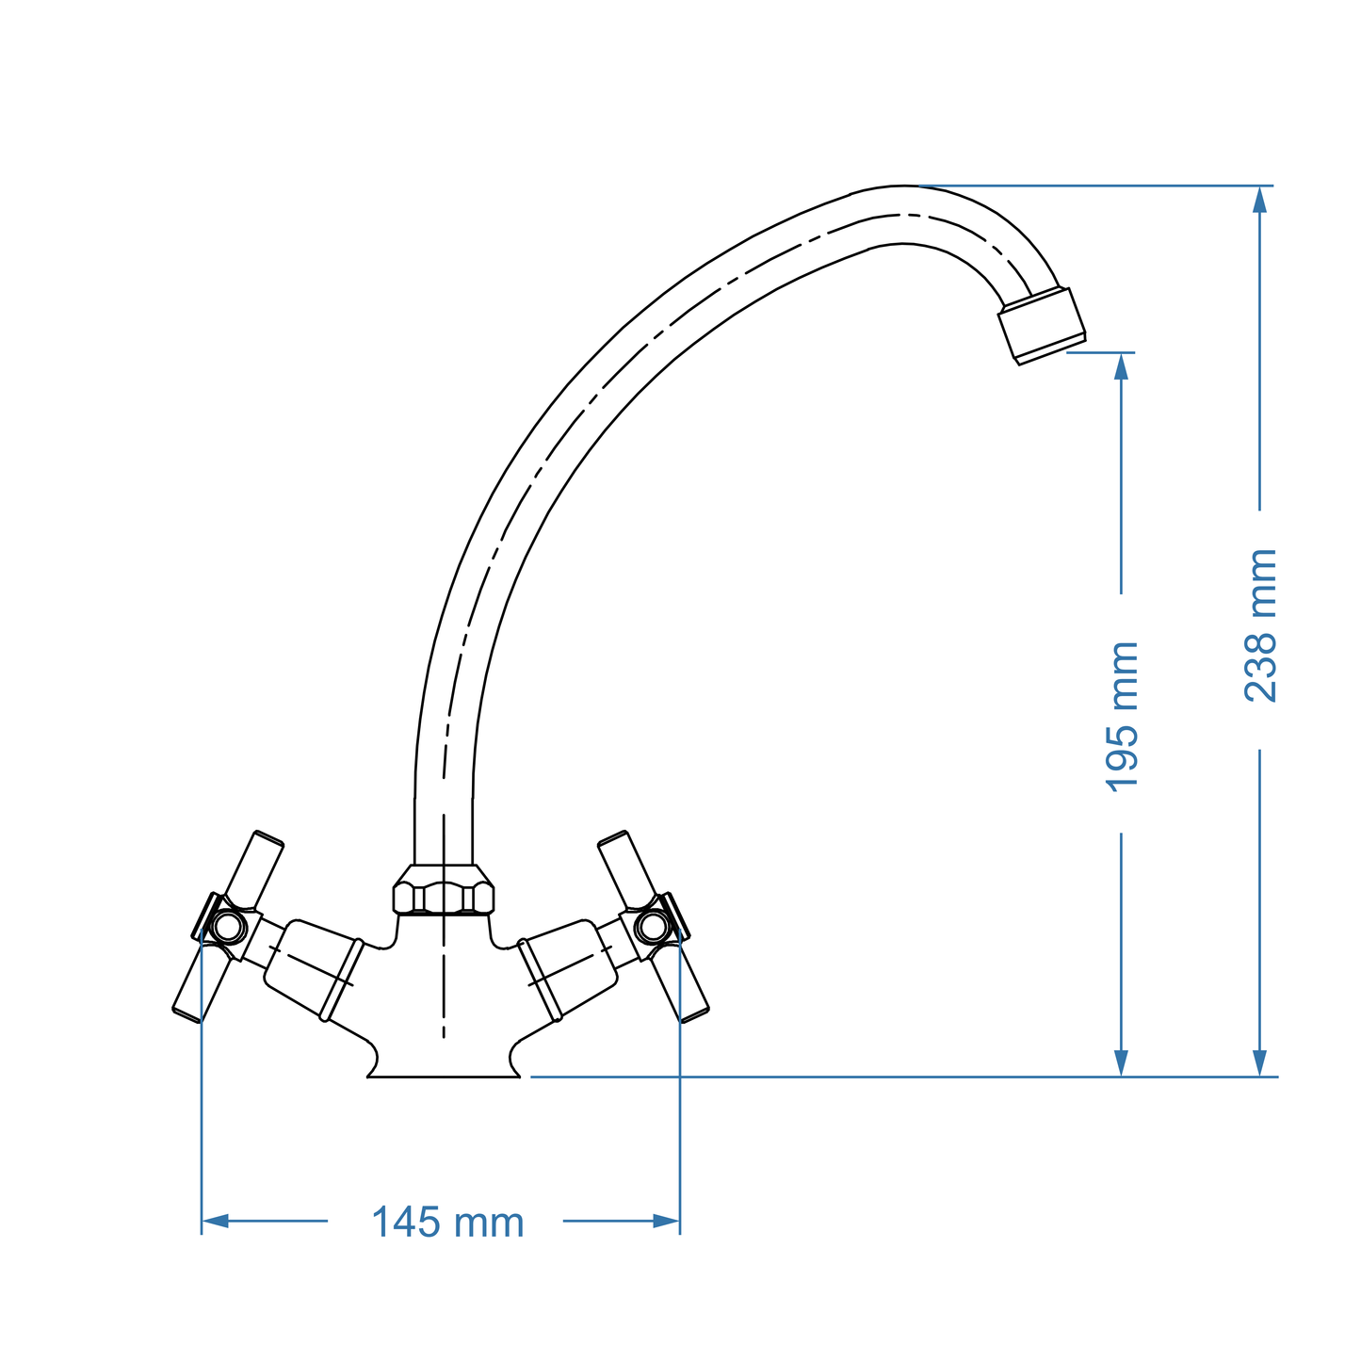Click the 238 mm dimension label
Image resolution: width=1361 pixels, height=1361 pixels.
tap(1260, 625)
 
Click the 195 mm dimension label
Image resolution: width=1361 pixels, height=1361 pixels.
tap(1121, 717)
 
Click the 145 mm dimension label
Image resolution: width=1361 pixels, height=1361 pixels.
tap(447, 1223)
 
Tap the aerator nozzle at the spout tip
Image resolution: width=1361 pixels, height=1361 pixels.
tap(1042, 325)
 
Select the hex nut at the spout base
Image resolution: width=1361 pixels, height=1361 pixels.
tap(444, 893)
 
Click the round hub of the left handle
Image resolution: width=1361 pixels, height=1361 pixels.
tap(227, 927)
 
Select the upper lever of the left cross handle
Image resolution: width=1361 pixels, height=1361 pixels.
tap(255, 868)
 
